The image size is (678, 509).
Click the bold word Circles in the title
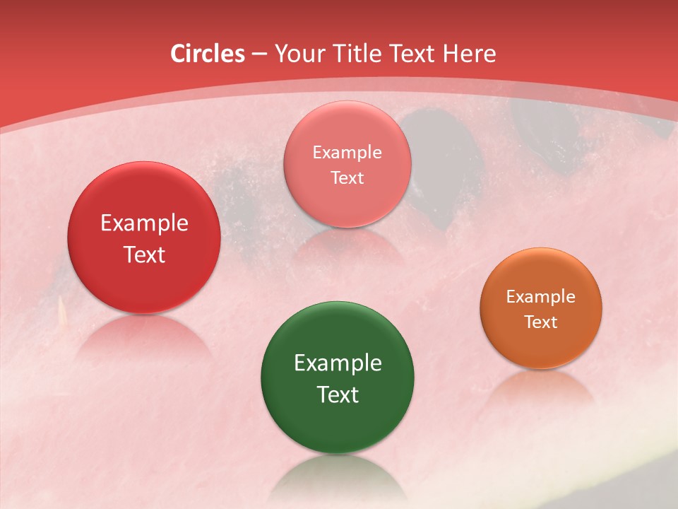(x=208, y=54)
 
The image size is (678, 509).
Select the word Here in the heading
(x=469, y=54)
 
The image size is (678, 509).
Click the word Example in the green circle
(x=338, y=363)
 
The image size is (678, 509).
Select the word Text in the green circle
(x=338, y=394)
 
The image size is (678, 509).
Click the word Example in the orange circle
(x=541, y=297)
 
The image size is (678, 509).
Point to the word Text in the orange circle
(x=541, y=322)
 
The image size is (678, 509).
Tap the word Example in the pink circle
(x=347, y=153)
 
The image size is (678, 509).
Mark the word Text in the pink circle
(x=347, y=178)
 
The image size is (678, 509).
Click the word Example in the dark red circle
(x=144, y=223)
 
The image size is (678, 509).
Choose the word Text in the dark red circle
(x=144, y=255)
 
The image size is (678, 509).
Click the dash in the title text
(x=259, y=54)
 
